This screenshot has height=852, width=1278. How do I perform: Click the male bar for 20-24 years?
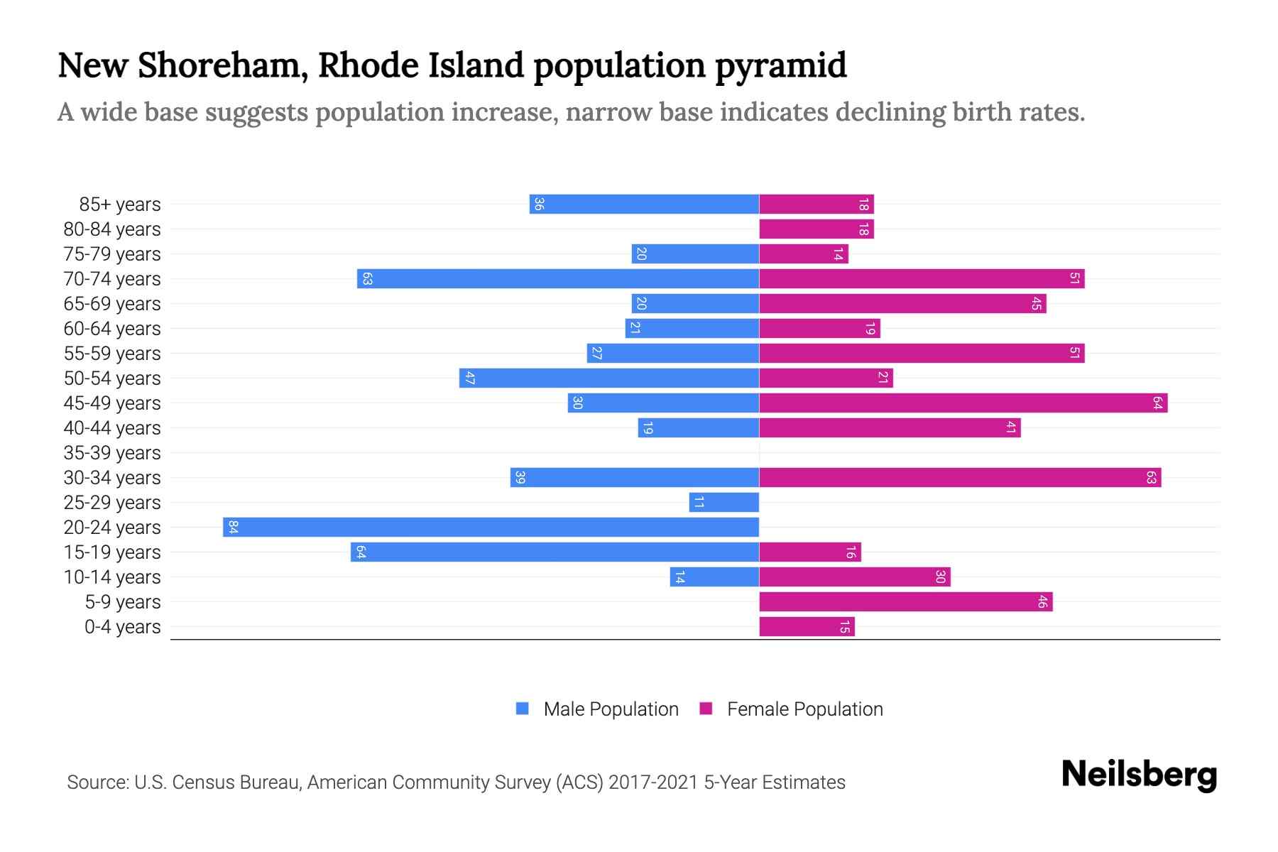coord(491,528)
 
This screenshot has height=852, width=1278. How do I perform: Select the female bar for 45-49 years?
coord(963,403)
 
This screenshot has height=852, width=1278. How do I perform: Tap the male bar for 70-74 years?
coord(558,279)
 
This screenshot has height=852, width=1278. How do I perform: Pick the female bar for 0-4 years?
coord(807,627)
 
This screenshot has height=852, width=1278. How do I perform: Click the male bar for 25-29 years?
coord(723,503)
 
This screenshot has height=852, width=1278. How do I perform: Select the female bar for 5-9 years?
coord(905,602)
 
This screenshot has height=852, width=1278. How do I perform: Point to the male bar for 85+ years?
coord(644,204)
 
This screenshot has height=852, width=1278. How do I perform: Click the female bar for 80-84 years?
coord(816,229)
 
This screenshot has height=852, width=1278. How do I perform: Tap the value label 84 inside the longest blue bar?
coord(233,528)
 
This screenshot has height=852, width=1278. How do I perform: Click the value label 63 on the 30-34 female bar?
coord(1151,478)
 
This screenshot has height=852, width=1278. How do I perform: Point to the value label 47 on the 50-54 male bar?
coord(469,378)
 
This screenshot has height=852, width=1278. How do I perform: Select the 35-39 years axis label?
coord(112,453)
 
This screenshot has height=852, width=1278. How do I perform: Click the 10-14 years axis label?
coord(112,577)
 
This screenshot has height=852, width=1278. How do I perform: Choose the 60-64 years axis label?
coord(112,329)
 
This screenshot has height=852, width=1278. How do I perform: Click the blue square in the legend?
coord(523,709)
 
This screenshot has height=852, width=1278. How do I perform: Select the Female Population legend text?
coord(804,709)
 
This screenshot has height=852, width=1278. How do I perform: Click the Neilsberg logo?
coord(1139,775)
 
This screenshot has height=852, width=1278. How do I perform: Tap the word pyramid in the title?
coord(780,65)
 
